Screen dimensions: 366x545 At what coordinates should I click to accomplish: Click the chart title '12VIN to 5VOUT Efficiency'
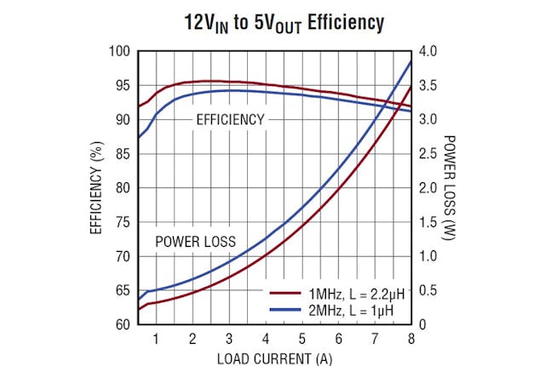point(272,21)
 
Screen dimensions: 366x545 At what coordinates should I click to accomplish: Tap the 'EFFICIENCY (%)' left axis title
point(96,188)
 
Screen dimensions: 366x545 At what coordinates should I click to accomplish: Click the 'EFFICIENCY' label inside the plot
point(230,120)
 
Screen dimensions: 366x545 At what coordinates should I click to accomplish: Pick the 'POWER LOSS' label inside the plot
point(195,242)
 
